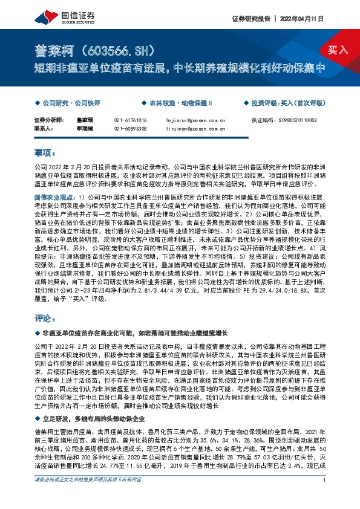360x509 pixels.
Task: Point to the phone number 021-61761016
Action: [x=130, y=121]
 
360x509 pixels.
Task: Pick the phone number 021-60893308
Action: [x=130, y=129]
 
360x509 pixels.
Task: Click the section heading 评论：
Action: [x=45, y=317]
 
